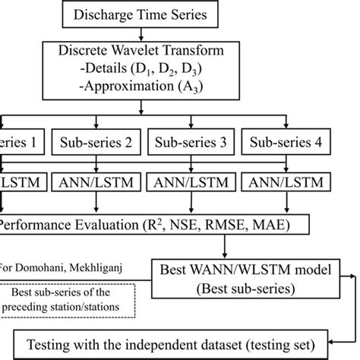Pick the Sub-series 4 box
point(279,142)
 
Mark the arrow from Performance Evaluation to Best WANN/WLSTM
point(221,247)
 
